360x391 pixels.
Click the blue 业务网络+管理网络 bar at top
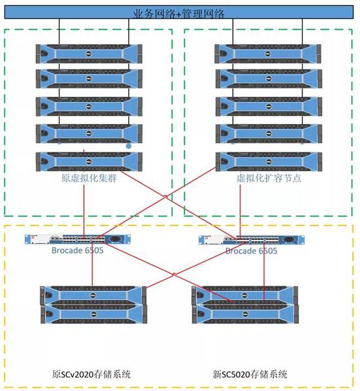pos(179,12)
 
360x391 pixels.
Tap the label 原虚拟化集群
pos(89,178)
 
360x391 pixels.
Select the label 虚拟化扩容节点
pos(269,178)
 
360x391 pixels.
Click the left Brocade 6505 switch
pos(78,239)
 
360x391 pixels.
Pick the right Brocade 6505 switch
pos(251,240)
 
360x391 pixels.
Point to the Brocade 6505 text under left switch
pos(78,250)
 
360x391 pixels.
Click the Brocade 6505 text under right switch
pos(251,251)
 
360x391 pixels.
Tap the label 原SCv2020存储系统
pos(92,374)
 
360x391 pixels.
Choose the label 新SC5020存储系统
pos(250,374)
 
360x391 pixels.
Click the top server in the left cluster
pos(89,54)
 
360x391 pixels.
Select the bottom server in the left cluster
pos(89,162)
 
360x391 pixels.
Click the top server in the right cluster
pos(268,54)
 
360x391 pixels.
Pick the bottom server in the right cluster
pos(269,162)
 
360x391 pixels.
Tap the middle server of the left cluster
pos(89,107)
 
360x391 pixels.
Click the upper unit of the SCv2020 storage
pos(94,296)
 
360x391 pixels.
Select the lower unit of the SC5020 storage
pos(245,314)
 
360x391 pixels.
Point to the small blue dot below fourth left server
pos(128,146)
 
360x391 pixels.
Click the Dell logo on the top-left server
pos(88,54)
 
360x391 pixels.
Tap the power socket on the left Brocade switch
pos(115,239)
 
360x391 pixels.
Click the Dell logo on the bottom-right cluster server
pos(268,162)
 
